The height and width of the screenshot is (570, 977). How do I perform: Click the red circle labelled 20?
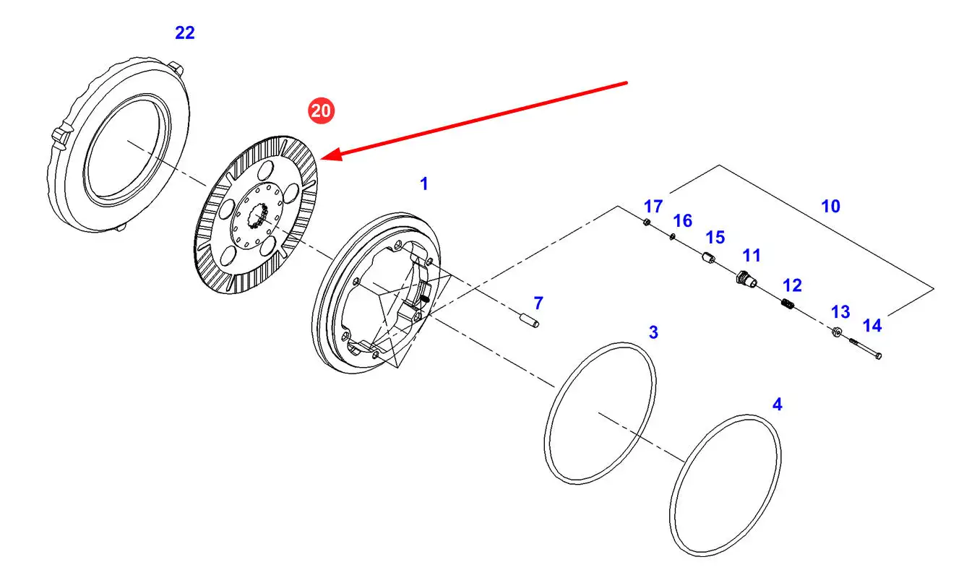(321, 111)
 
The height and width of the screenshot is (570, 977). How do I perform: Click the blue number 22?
(185, 33)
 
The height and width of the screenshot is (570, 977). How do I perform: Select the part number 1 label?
(424, 184)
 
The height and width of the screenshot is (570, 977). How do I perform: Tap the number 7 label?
(538, 303)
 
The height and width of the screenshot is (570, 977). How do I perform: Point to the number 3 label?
(653, 332)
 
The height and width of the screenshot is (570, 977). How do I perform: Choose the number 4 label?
(777, 405)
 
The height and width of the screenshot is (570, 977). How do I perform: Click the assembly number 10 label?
(830, 206)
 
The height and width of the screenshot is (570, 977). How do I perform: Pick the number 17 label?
(653, 205)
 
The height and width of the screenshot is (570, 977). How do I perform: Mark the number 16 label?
(683, 220)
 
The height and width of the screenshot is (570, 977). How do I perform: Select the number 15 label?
(715, 238)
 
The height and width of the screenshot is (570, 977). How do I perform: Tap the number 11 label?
(752, 255)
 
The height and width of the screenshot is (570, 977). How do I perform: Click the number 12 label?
(792, 286)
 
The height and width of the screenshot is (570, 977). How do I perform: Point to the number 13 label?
(840, 312)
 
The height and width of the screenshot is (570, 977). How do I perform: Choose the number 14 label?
(872, 326)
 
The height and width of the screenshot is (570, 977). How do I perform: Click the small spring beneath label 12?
(789, 306)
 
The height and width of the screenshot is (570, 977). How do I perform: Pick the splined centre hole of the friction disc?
(259, 215)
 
